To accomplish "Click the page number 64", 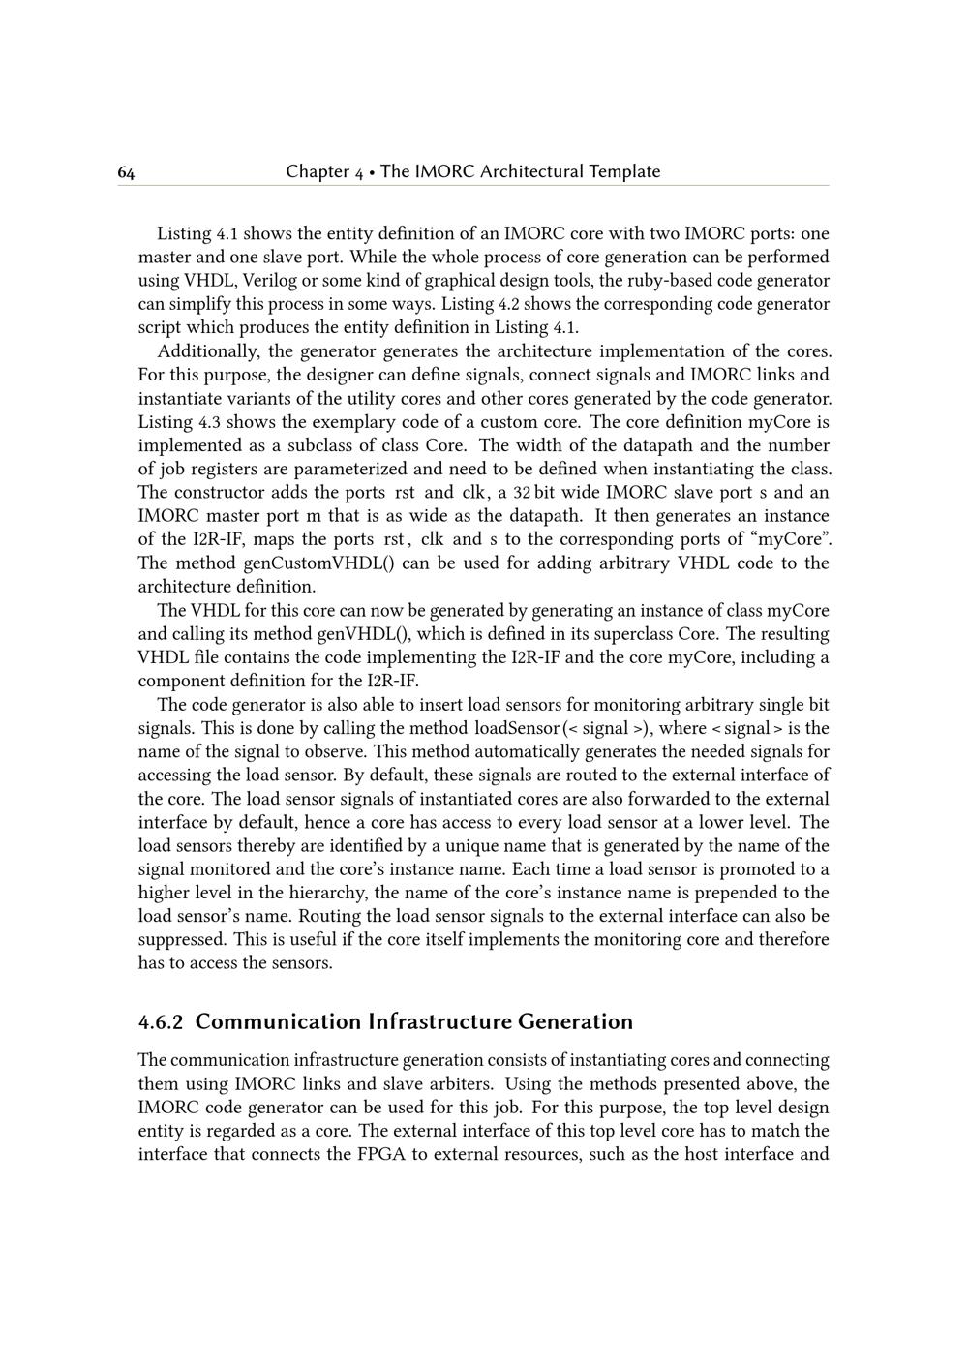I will [127, 172].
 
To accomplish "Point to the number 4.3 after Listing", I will [209, 422].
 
